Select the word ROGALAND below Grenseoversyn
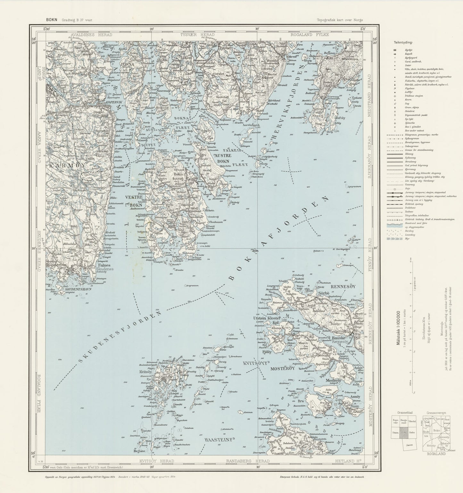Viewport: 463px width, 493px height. tap(434, 454)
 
